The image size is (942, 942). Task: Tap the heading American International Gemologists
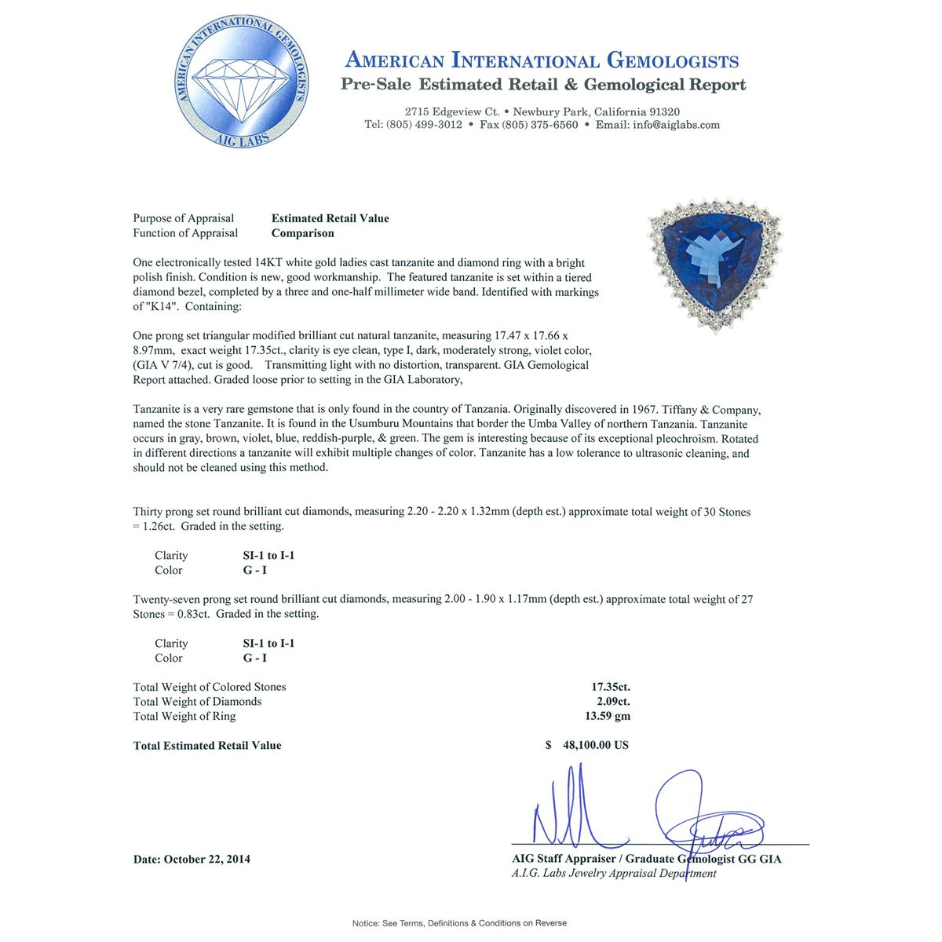(542, 60)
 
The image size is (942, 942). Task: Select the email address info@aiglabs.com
(676, 125)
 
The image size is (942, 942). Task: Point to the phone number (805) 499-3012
(424, 125)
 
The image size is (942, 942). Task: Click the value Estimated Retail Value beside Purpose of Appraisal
(330, 218)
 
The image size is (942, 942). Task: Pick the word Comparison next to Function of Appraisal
(303, 233)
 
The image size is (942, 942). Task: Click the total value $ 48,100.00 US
(587, 745)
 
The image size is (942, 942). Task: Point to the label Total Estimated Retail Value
(207, 745)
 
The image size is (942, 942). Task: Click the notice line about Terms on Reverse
(459, 923)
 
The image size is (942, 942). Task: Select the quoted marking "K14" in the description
(161, 306)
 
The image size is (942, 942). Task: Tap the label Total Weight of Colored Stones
(210, 687)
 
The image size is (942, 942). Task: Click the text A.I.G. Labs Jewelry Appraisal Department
(614, 873)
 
